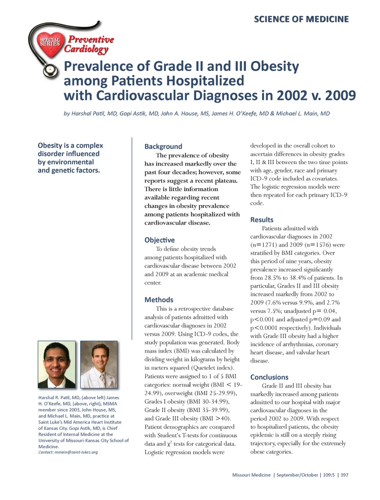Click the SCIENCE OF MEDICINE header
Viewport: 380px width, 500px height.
click(301, 19)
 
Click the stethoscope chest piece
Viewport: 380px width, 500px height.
click(50, 71)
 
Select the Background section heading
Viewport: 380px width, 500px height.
click(163, 146)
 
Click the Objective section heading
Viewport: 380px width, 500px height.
click(159, 240)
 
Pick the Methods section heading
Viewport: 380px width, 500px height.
click(159, 300)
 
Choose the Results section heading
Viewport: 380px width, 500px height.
click(262, 220)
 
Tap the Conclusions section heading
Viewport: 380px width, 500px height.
click(269, 377)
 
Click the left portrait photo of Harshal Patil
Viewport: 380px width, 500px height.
click(57, 364)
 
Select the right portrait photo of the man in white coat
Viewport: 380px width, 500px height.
click(99, 364)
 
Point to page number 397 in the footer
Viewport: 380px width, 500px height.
click(344, 475)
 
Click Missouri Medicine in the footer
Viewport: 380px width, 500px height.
click(251, 475)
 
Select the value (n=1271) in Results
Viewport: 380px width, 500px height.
click(264, 245)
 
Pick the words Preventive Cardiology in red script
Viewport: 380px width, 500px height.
click(89, 44)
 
